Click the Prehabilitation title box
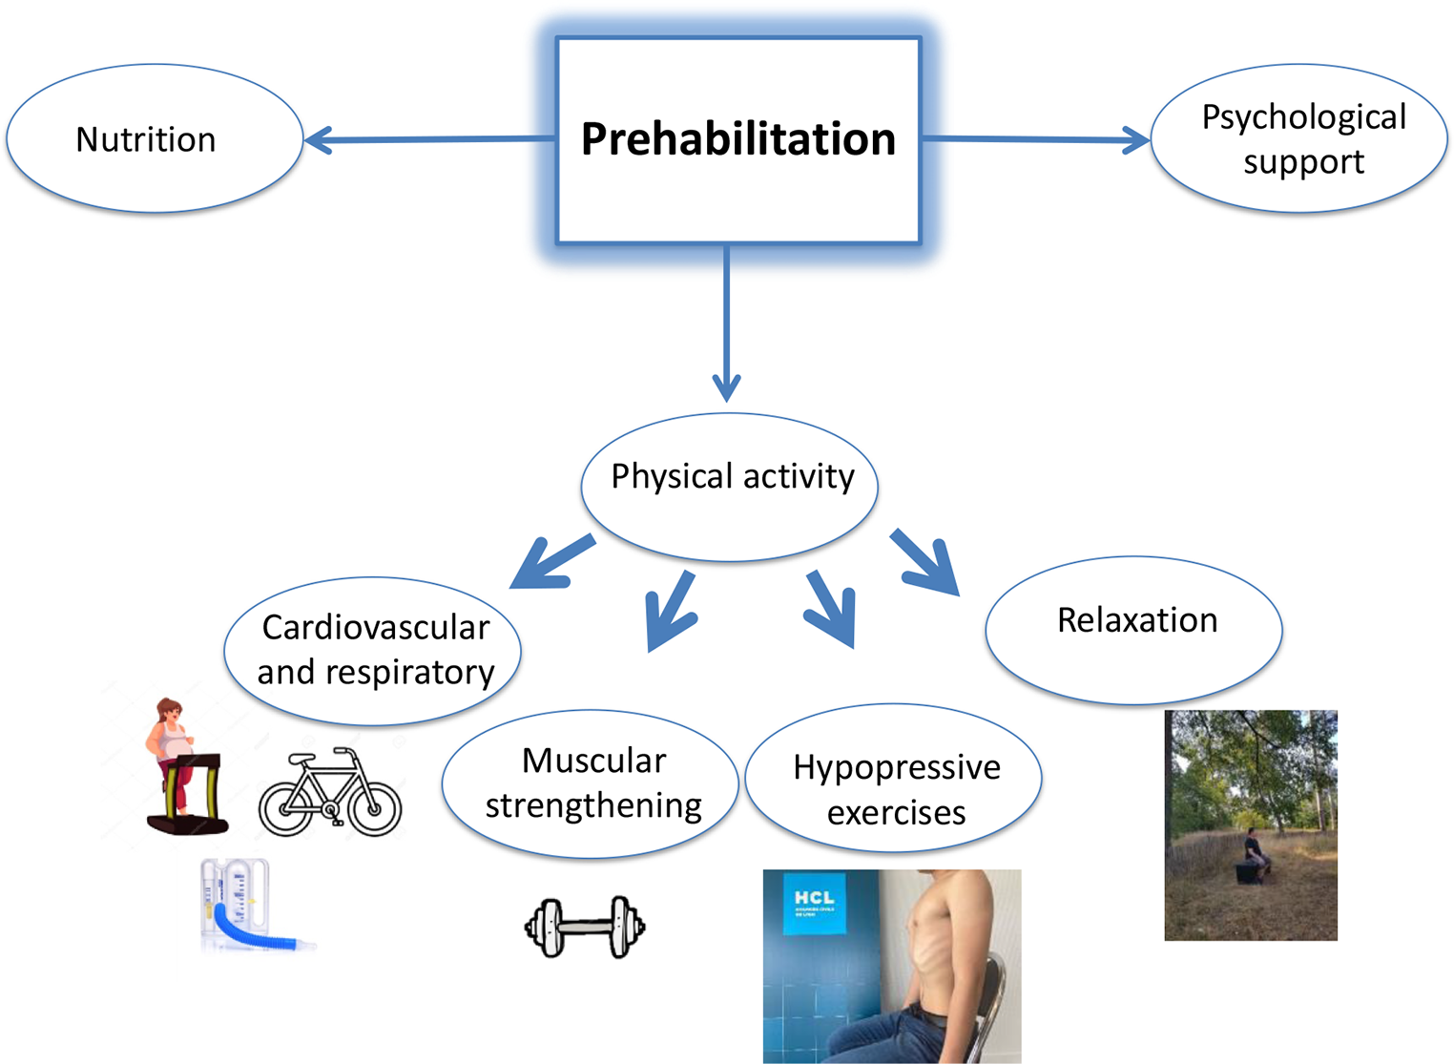click(x=737, y=140)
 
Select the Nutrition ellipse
click(x=154, y=139)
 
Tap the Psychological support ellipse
click(x=1298, y=139)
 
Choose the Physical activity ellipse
click(x=730, y=486)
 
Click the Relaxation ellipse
click(x=1133, y=629)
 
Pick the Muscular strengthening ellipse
click(x=591, y=783)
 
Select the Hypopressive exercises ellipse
click(x=893, y=778)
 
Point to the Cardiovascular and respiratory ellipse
click(x=373, y=651)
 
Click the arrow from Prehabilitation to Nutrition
click(x=429, y=140)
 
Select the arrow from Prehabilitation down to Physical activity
click(x=726, y=324)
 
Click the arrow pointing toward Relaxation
click(x=925, y=564)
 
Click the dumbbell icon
click(x=585, y=927)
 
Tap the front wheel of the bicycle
click(x=375, y=807)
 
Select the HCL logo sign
click(x=815, y=902)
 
